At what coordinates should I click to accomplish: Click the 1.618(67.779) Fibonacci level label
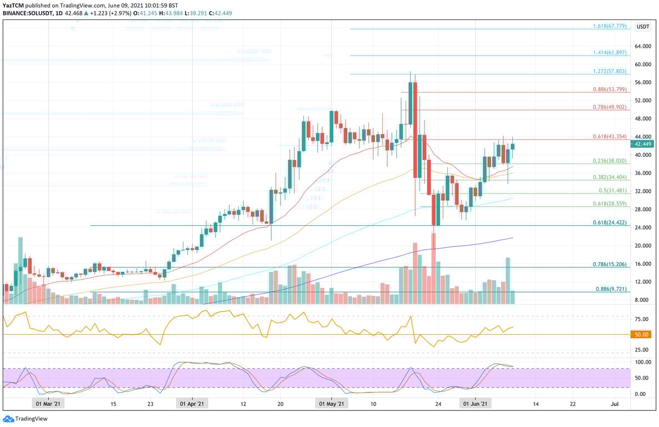coord(609,26)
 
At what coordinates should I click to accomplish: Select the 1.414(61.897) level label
coord(609,52)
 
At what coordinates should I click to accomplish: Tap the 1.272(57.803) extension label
coord(609,71)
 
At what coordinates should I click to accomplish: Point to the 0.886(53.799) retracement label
coord(609,89)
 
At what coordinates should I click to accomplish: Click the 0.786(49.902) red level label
coord(609,107)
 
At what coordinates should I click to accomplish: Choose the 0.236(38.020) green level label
coord(609,161)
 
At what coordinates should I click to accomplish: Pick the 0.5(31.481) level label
coord(612,191)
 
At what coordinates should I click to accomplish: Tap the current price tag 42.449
coord(643,143)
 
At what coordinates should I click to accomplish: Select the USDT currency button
coord(643,27)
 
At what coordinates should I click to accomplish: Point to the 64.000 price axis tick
coord(643,47)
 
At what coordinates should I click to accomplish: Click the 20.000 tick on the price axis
coord(643,246)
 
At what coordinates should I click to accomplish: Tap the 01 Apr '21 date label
coord(192,404)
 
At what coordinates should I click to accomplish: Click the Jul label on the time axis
coord(614,404)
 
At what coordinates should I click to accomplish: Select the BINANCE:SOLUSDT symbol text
coord(28,13)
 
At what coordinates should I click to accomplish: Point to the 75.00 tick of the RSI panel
coord(642,319)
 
